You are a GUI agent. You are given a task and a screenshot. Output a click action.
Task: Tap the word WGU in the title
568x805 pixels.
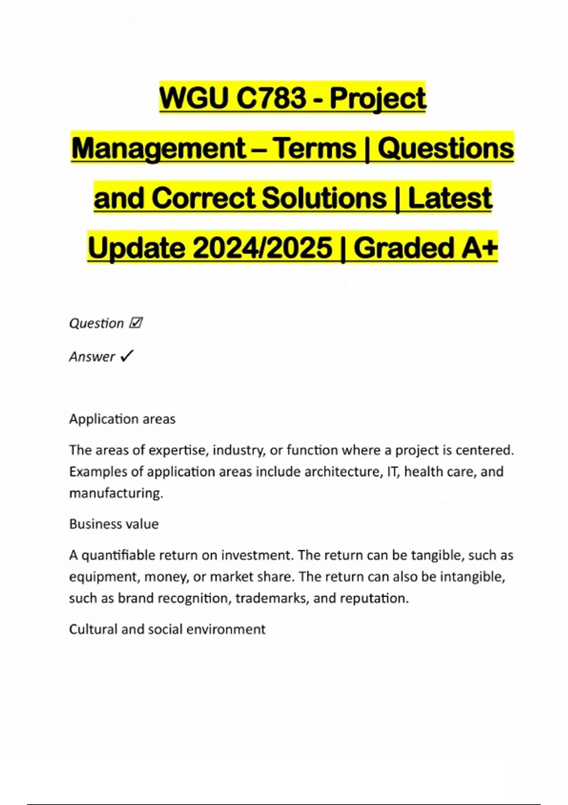click(194, 98)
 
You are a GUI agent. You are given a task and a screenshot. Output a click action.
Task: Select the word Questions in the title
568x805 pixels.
click(445, 148)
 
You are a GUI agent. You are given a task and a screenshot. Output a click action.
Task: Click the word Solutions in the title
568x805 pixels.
click(324, 198)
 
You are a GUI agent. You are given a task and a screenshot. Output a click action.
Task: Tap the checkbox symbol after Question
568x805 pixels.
click(135, 323)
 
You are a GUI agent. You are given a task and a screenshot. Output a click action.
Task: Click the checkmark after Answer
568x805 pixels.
click(127, 356)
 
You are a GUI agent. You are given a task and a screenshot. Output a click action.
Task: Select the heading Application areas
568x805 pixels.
click(122, 419)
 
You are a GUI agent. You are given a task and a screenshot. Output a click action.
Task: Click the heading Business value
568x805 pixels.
click(114, 524)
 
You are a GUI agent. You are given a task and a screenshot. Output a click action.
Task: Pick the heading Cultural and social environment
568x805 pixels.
click(167, 629)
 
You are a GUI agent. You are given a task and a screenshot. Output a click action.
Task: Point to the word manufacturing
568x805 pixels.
click(116, 493)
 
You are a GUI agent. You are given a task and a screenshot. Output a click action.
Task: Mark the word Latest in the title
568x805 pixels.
click(450, 198)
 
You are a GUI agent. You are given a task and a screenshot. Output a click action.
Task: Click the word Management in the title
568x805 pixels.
click(159, 148)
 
